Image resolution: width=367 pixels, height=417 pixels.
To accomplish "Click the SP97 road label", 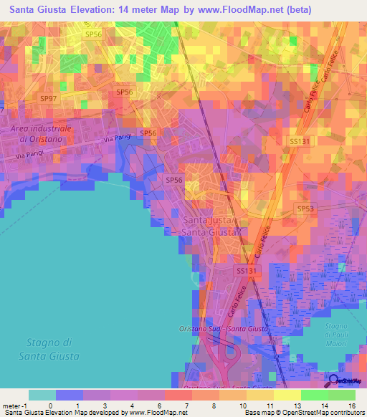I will click(48, 98).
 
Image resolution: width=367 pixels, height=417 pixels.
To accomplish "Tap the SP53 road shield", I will click(306, 208).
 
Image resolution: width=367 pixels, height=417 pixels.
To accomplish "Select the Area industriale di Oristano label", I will click(42, 133).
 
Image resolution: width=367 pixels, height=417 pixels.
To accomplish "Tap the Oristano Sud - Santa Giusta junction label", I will click(223, 329).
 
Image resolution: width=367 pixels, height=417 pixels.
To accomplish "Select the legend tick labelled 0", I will click(56, 406).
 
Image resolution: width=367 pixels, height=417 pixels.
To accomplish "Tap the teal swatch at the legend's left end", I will click(42, 395).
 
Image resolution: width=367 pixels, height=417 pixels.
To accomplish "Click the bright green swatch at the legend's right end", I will click(342, 395).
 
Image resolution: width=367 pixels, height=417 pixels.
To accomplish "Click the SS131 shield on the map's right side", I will click(299, 142).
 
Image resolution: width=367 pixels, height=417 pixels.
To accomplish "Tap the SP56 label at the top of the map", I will click(93, 34).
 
